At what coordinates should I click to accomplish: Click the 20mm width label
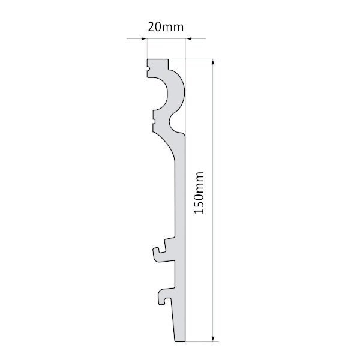point(166,27)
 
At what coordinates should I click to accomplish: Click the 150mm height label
point(199,193)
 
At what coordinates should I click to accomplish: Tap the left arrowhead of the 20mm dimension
point(144,38)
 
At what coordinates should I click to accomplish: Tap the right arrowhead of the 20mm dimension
point(188,38)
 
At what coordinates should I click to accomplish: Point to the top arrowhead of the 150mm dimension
point(213,62)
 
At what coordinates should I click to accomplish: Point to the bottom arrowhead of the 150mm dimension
point(213,338)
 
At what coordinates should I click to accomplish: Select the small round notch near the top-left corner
point(148,68)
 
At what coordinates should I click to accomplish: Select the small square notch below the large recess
point(154,120)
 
